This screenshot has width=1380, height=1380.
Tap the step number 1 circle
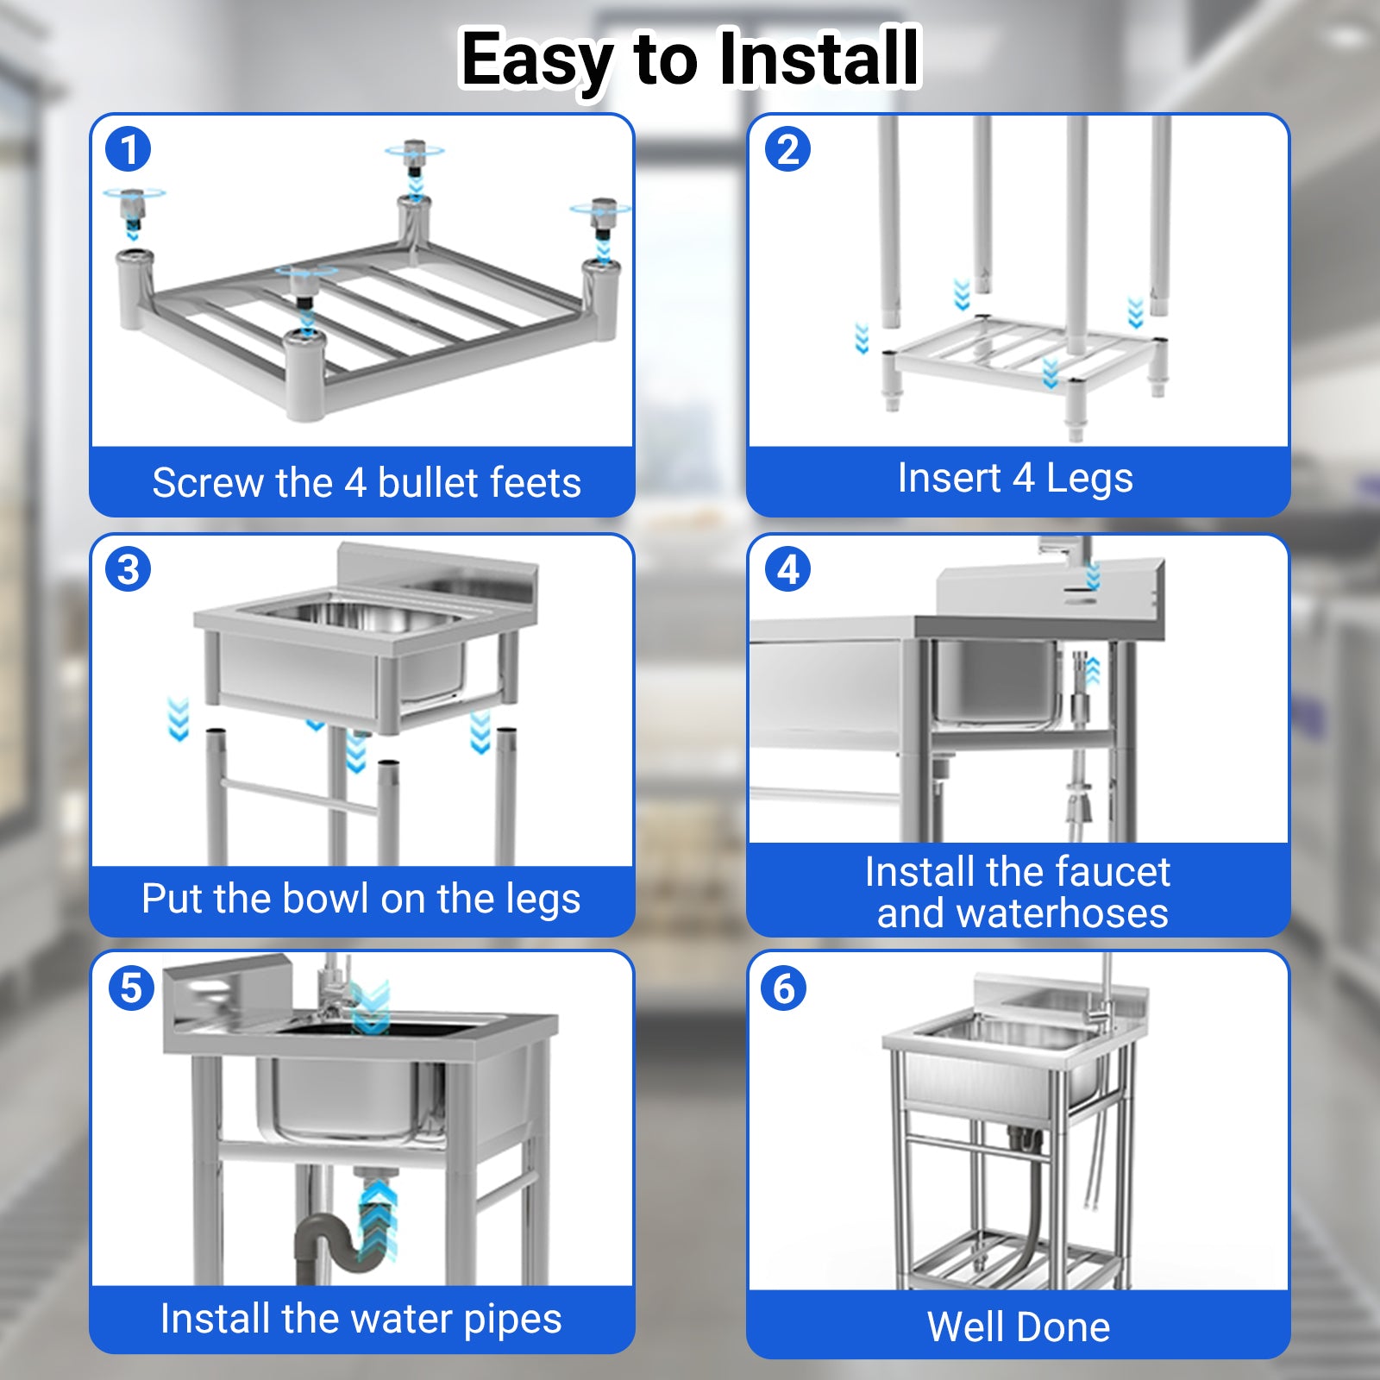(129, 149)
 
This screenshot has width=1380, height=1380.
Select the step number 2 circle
(787, 149)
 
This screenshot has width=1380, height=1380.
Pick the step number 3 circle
(129, 569)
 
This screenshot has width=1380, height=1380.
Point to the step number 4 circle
(787, 569)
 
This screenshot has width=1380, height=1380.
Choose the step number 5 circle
(131, 988)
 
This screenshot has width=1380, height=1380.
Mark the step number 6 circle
(783, 988)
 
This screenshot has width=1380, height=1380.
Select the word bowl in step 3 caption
(326, 898)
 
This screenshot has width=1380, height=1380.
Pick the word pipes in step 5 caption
(512, 1320)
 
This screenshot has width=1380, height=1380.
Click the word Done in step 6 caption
(1066, 1327)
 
